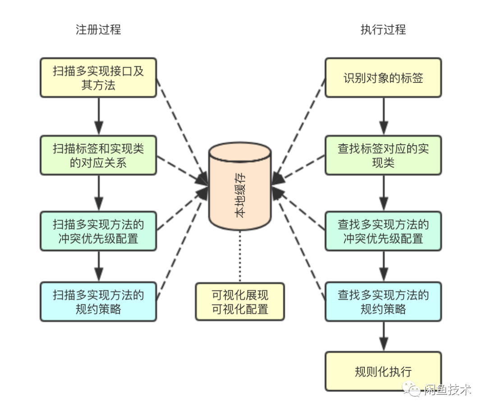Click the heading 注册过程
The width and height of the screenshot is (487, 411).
[x=98, y=30]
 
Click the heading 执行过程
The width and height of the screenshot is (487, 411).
[x=383, y=30]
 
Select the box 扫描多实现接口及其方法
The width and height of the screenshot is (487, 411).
[x=98, y=78]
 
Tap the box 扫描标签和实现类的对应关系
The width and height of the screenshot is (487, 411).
[x=98, y=155]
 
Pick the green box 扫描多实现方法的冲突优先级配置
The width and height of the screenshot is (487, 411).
[x=98, y=231]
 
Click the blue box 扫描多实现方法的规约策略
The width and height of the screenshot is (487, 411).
[x=98, y=301]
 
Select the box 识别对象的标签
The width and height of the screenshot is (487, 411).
[x=383, y=78]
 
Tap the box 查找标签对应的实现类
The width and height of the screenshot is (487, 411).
[x=383, y=155]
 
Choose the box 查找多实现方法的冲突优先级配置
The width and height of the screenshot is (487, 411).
[x=383, y=231]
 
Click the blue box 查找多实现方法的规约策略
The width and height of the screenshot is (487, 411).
[x=383, y=301]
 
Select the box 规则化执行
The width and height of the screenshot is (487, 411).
[x=383, y=372]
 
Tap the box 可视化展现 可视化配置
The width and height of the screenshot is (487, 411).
[x=240, y=301]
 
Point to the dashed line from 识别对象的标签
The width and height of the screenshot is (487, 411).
[x=300, y=128]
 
